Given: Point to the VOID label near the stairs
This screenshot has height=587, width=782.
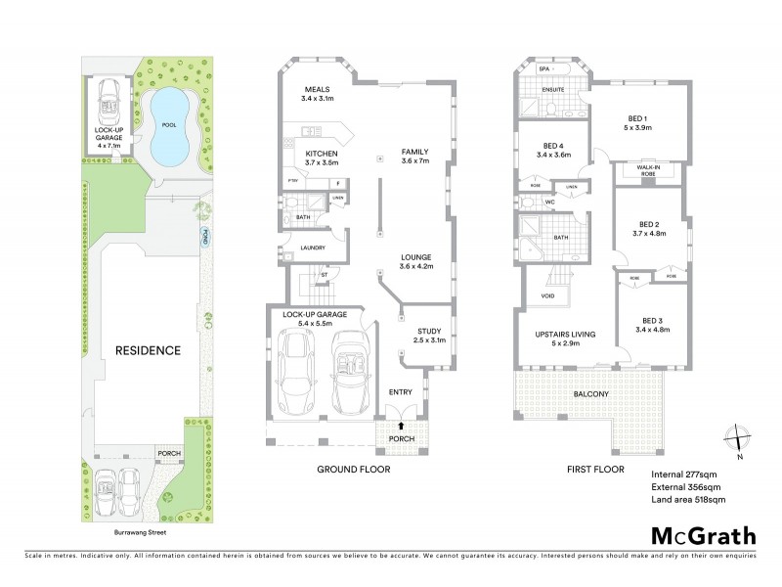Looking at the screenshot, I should pyautogui.click(x=534, y=294).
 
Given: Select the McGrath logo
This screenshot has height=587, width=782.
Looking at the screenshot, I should pyautogui.click(x=703, y=535).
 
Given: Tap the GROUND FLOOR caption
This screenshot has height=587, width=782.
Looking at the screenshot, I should pyautogui.click(x=353, y=470).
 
